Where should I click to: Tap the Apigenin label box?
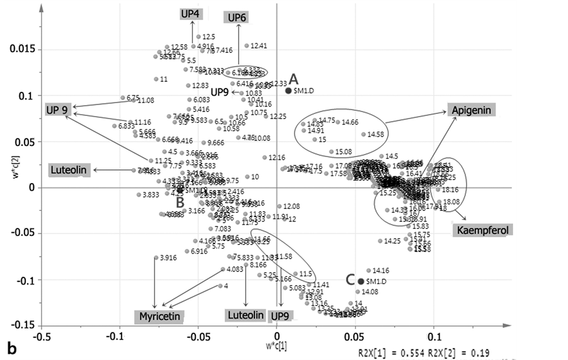click(472, 110)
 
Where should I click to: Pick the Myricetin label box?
click(161, 315)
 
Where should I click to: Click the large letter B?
click(179, 202)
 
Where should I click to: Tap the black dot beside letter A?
click(288, 91)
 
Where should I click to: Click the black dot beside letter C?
click(361, 281)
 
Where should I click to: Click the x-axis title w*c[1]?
click(276, 347)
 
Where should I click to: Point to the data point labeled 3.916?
click(156, 257)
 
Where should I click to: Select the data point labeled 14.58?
click(363, 134)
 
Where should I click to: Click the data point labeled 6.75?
click(123, 98)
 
